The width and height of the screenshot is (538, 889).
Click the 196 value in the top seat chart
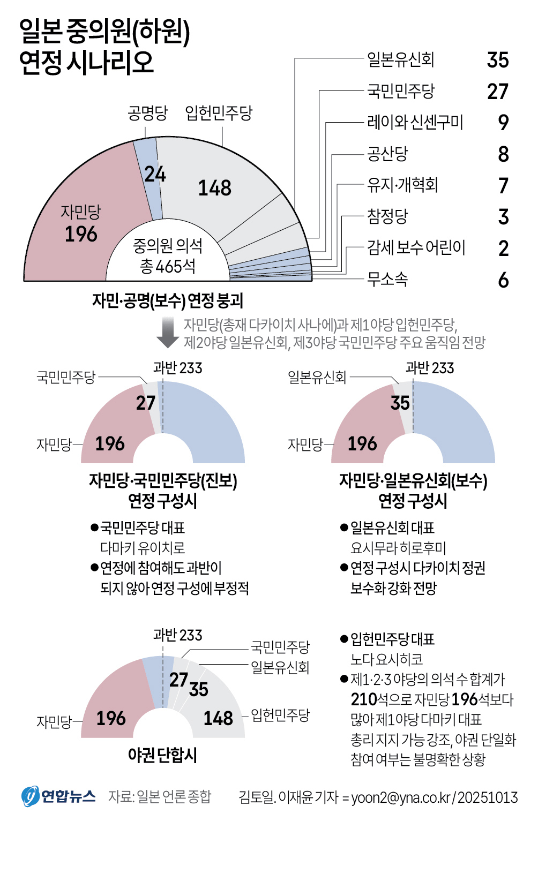(x=81, y=234)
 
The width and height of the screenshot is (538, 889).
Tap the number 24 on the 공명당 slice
(x=155, y=174)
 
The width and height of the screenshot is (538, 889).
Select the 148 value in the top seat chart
(x=215, y=188)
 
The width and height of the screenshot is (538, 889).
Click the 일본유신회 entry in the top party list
(x=400, y=59)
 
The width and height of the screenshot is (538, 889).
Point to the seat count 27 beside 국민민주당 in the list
(x=497, y=92)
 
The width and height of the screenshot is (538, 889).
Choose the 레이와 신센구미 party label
(x=415, y=123)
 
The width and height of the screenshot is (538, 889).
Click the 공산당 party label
(x=387, y=154)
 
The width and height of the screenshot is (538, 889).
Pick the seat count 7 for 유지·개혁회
(x=503, y=186)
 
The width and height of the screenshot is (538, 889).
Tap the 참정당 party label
(x=387, y=216)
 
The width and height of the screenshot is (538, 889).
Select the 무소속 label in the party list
(x=387, y=279)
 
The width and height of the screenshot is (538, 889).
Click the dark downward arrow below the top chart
(x=168, y=333)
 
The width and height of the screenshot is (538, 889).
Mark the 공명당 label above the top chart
(x=148, y=113)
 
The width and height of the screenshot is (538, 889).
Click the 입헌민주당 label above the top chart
(x=219, y=113)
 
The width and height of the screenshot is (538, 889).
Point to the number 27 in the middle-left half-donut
(x=145, y=403)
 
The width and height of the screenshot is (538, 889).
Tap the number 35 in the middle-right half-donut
(x=400, y=403)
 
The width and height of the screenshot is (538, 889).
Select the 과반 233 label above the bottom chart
(x=177, y=635)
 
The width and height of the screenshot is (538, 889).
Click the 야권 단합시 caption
(x=162, y=755)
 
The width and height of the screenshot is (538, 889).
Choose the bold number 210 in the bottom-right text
(x=364, y=699)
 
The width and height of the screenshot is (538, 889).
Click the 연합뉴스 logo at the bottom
(x=58, y=796)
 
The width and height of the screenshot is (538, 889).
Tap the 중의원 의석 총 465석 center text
(x=168, y=256)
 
